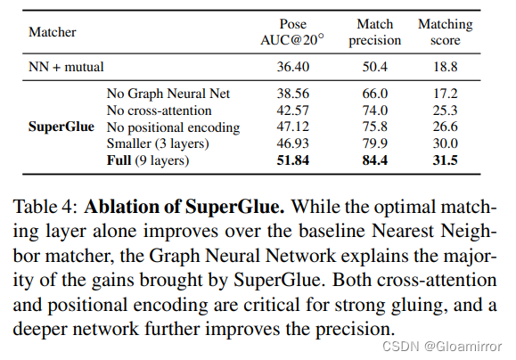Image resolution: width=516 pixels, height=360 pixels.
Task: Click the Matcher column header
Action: click(53, 32)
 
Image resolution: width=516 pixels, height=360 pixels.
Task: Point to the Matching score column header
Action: click(445, 32)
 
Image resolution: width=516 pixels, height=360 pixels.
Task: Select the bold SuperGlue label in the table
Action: click(61, 127)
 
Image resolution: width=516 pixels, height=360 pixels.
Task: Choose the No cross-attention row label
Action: click(160, 110)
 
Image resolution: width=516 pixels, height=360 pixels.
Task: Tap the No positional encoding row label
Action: click(172, 127)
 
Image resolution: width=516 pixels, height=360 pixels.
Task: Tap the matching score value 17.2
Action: click(445, 93)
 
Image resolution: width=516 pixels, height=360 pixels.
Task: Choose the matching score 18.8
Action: click(445, 66)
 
